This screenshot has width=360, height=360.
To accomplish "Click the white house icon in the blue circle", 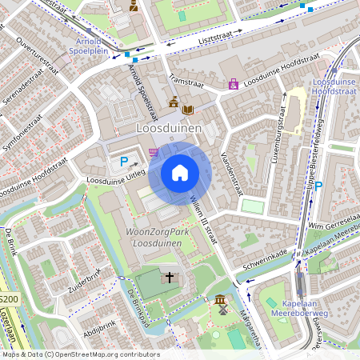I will click(x=180, y=172).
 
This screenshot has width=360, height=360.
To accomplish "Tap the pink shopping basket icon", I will click(x=153, y=150).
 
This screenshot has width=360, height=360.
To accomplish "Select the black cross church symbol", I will click(x=169, y=278).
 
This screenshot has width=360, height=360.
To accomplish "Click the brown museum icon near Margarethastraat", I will click(x=220, y=300).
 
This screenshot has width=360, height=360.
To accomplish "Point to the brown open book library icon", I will click(x=188, y=109).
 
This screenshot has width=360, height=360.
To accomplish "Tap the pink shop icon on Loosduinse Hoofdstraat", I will click(x=233, y=83).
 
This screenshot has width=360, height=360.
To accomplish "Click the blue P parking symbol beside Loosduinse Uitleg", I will click(x=124, y=162).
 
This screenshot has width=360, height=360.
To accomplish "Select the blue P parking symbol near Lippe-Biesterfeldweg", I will click(x=318, y=186).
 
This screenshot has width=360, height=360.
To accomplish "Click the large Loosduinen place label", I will click(x=169, y=127).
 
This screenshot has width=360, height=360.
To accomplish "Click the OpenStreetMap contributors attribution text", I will click(x=80, y=354).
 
